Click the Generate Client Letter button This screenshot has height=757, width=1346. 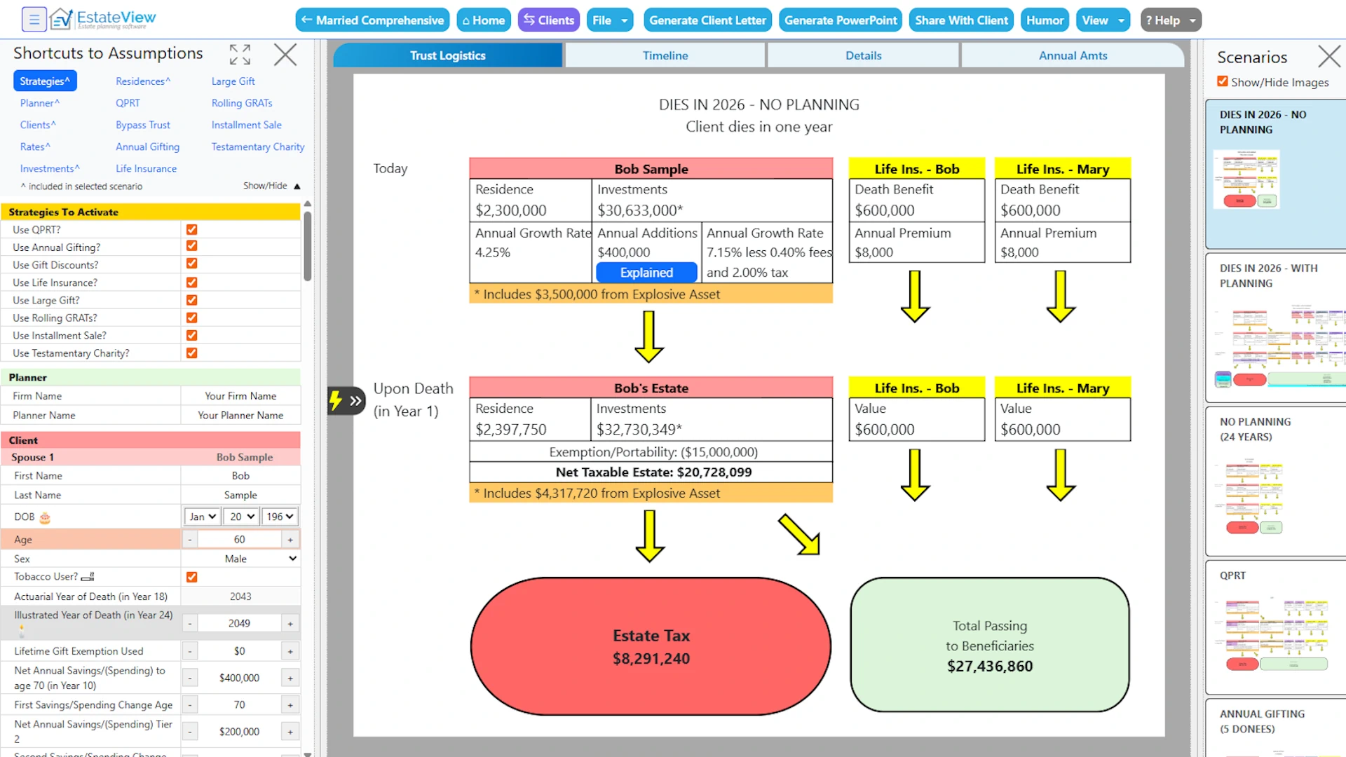707,20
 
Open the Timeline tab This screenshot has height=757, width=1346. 665,55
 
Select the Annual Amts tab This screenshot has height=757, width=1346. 1073,55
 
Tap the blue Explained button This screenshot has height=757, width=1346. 646,273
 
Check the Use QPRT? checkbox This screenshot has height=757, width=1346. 191,229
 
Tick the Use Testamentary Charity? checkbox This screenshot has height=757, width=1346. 191,353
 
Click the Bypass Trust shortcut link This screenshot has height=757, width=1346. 143,125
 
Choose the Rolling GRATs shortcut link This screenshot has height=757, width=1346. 242,103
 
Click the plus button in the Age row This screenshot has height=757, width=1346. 290,540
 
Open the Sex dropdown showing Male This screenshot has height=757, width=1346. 240,559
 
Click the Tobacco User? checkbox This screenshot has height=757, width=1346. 191,577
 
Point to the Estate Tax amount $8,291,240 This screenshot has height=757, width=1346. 651,659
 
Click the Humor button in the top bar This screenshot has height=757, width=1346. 1045,20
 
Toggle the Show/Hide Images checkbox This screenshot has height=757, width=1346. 1223,81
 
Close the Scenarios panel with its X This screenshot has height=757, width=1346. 1328,56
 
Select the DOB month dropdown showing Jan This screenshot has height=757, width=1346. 202,517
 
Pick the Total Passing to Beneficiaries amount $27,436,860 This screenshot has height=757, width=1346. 989,667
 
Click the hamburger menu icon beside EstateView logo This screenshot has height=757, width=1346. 34,20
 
